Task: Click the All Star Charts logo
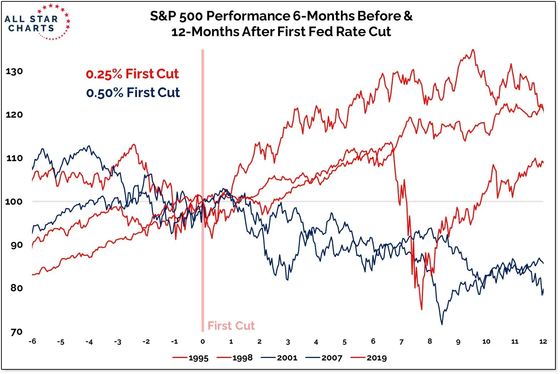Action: point(37,22)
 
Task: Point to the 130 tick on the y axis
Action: point(14,71)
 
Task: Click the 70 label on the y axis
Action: point(16,332)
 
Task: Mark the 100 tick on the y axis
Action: point(14,201)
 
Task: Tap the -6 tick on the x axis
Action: point(32,341)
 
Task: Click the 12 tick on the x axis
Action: point(543,341)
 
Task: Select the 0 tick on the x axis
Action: point(203,341)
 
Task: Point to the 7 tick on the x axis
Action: point(401,342)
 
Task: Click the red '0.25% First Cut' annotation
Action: point(132,74)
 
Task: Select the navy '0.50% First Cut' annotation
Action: point(133,93)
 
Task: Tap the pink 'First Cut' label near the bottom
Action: point(231,326)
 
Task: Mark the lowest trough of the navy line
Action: point(442,324)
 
